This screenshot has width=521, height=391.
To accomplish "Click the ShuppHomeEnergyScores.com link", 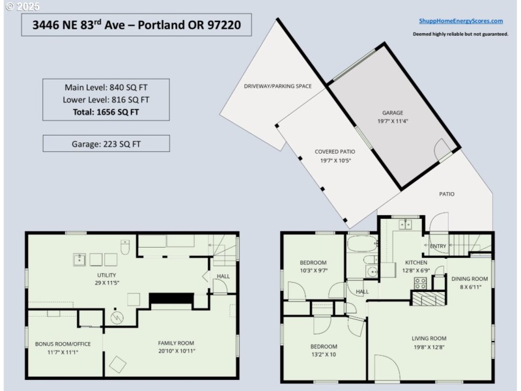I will coord(460,21).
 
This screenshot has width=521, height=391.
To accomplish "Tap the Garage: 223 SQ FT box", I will coord(106,144).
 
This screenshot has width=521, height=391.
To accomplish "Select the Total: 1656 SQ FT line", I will coord(106,111).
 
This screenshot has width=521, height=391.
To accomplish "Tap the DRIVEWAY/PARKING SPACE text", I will coord(277,86).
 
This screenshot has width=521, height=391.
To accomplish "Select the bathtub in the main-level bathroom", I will coord(362,246).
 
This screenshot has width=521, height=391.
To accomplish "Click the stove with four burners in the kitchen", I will coord(421,283).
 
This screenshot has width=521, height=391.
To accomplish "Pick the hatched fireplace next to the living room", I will coord(429,300).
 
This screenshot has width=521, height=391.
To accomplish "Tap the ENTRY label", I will coord(438,246).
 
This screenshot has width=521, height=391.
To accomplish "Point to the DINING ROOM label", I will coord(469,279).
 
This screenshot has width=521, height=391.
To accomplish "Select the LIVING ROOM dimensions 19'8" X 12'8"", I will coord(429,347).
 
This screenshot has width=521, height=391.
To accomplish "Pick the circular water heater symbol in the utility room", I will coord(117,318).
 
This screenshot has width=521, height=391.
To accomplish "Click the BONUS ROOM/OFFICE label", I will coord(63,344).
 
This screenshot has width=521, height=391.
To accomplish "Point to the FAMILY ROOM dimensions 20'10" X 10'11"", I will coord(176,351).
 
